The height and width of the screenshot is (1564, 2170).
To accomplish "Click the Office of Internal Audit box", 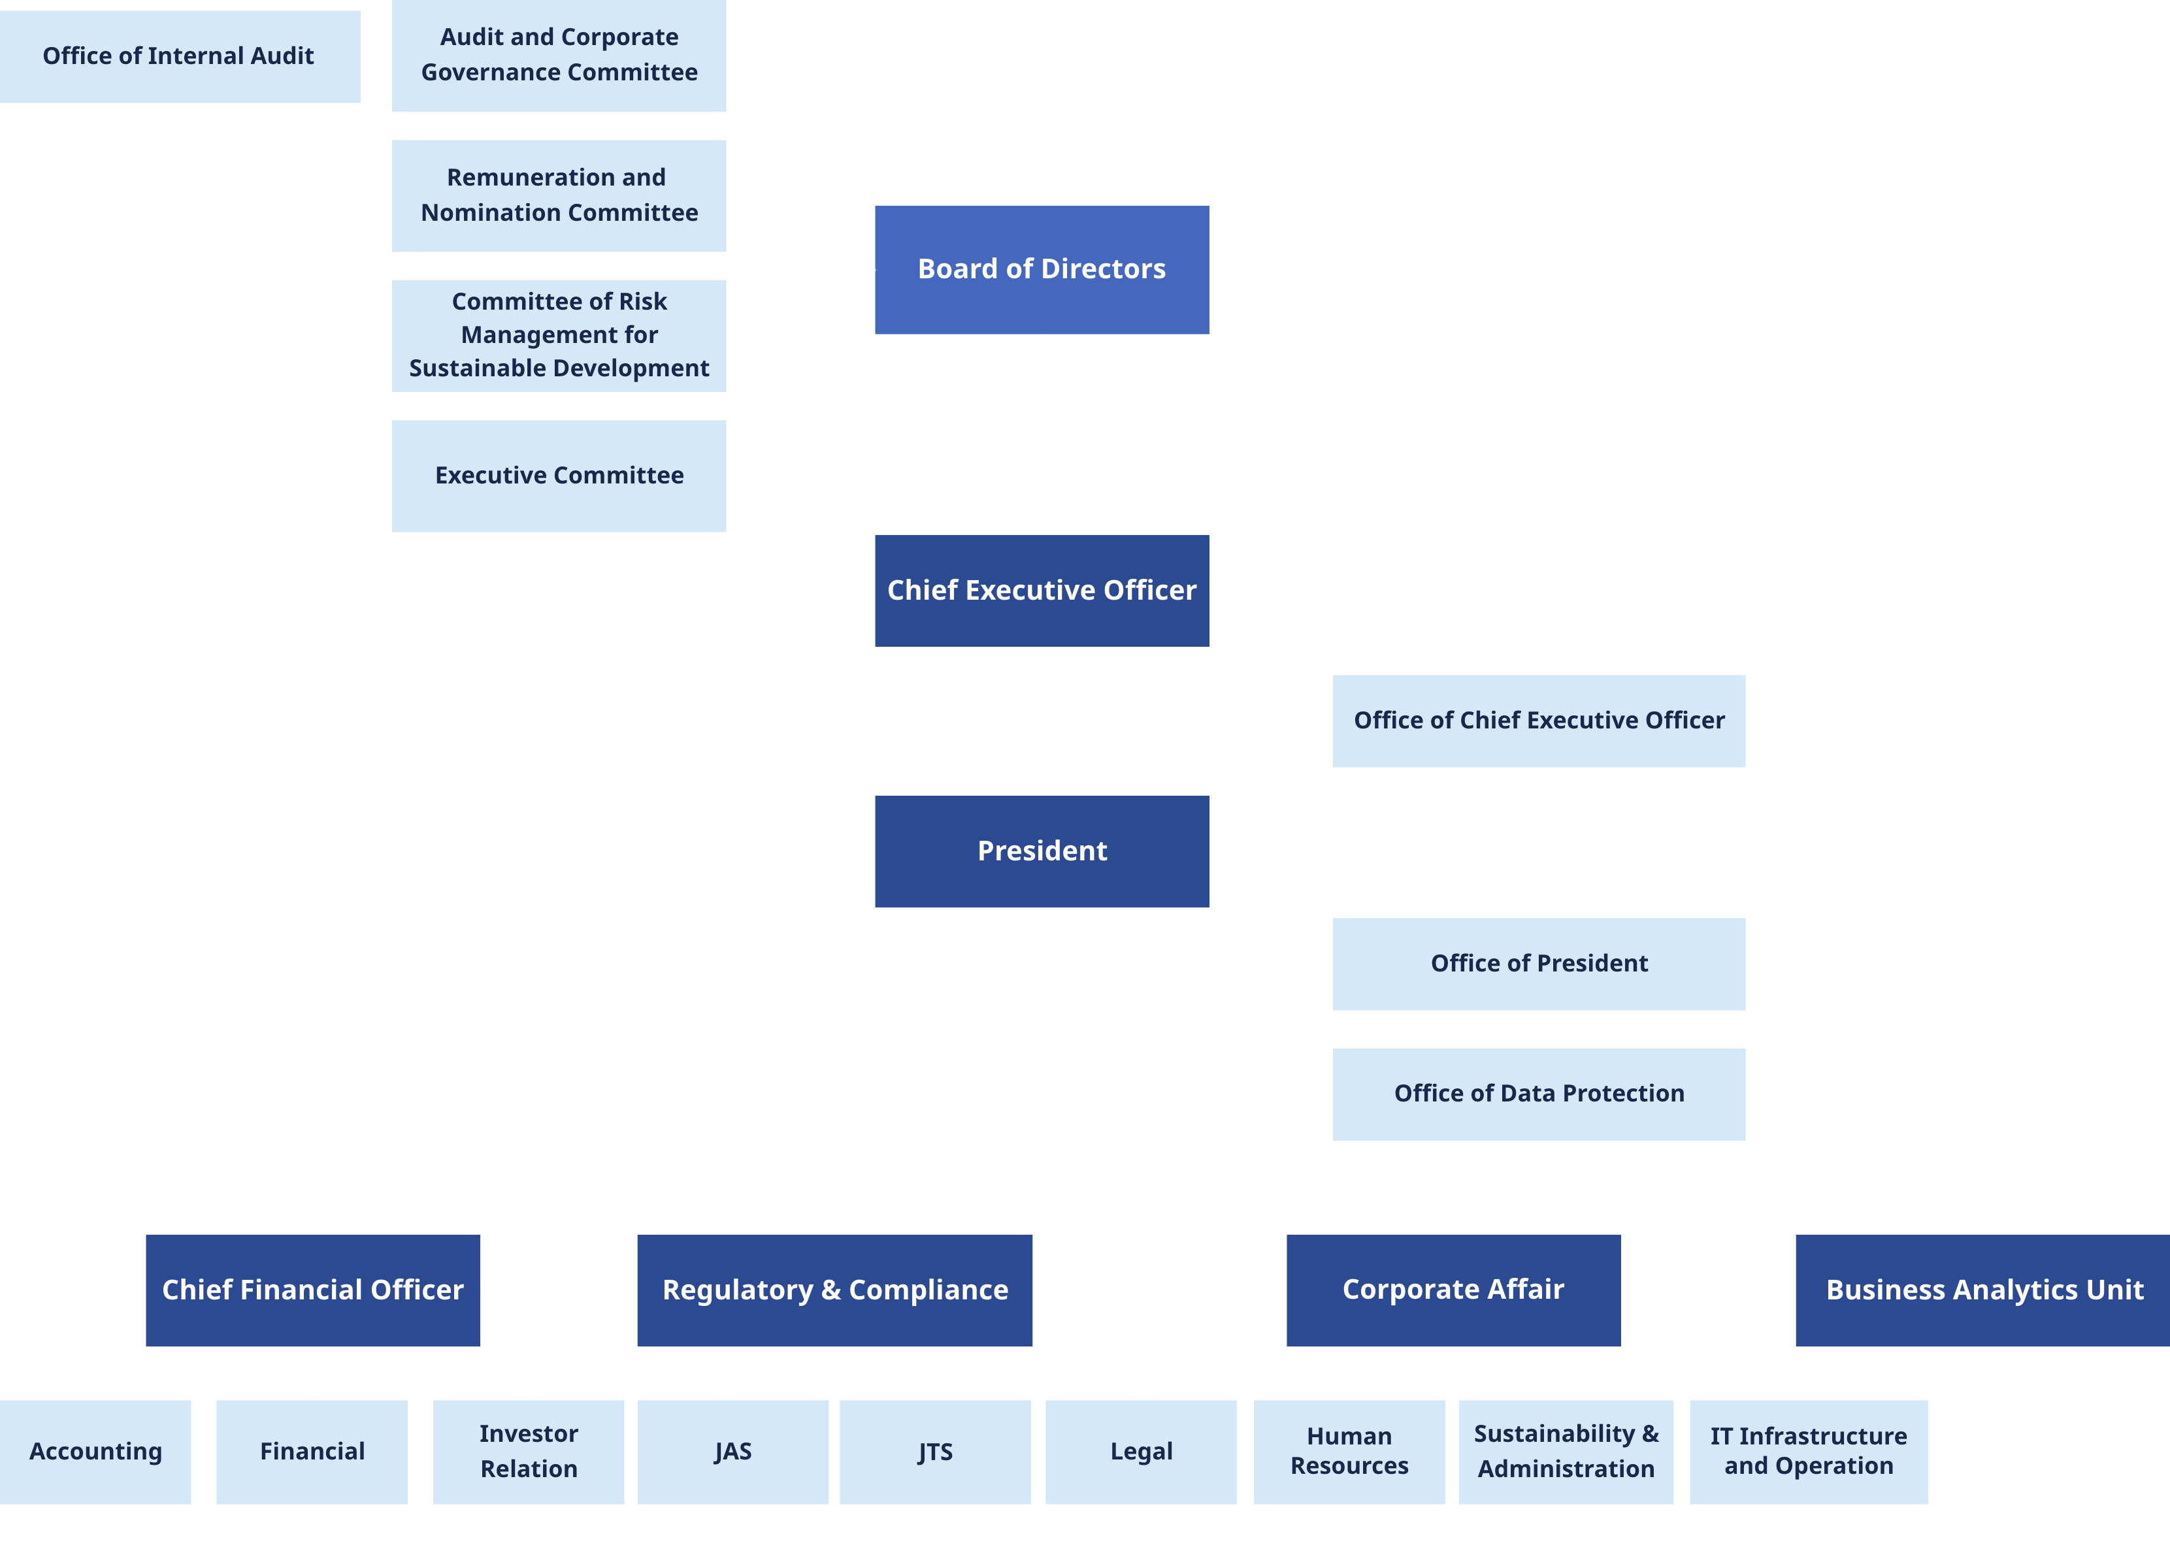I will click(179, 56).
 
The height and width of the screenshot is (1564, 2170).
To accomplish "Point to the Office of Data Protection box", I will click(1539, 1094).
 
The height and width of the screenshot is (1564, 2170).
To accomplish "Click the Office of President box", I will click(1539, 963).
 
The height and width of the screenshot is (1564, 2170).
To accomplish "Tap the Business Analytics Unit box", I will click(1982, 1290).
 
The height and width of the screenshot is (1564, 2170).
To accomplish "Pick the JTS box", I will click(935, 1451).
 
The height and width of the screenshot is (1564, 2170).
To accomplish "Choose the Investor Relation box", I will click(528, 1451).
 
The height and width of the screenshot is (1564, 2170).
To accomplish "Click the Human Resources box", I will click(1349, 1451).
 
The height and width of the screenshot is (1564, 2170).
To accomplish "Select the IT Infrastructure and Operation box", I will click(1809, 1451).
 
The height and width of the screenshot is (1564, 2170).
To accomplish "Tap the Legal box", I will click(1140, 1451).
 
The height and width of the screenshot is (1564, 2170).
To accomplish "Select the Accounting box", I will click(95, 1451).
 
